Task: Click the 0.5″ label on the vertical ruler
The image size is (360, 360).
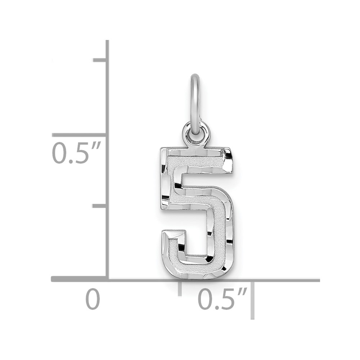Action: tap(77, 153)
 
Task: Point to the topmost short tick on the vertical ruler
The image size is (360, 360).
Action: tap(99, 60)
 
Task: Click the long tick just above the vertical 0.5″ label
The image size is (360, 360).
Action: tap(79, 135)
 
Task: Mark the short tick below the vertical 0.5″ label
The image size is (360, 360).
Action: tap(99, 206)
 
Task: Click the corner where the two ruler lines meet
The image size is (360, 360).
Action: tap(107, 279)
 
